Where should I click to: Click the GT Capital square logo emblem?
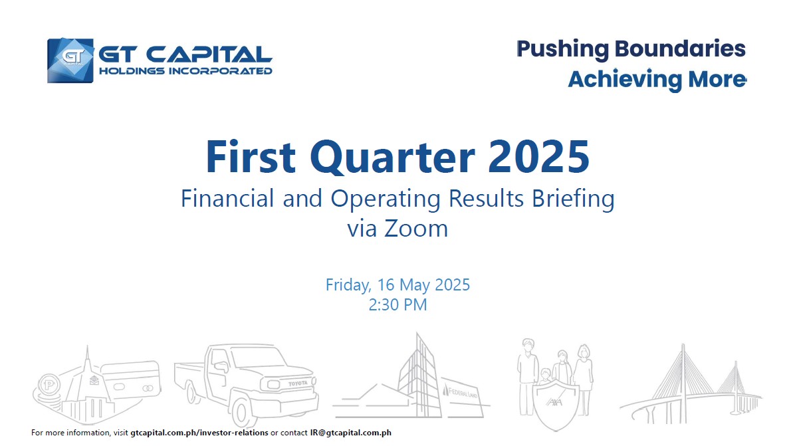(70, 60)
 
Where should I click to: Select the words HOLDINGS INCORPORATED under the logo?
(185, 71)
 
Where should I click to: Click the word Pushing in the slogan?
(562, 50)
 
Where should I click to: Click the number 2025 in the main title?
(539, 157)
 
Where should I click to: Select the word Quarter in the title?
(393, 158)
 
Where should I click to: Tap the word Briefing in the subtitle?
(573, 199)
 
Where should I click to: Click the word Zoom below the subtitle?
(416, 229)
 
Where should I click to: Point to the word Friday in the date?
(348, 285)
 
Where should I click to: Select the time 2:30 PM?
(398, 304)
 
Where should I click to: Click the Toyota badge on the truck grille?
(298, 384)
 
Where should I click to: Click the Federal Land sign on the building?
(463, 391)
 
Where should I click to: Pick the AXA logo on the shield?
(554, 402)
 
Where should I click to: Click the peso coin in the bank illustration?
(49, 386)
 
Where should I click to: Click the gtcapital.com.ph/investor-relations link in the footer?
(199, 433)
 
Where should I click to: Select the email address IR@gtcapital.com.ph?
(351, 433)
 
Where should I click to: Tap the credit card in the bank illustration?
(132, 381)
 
